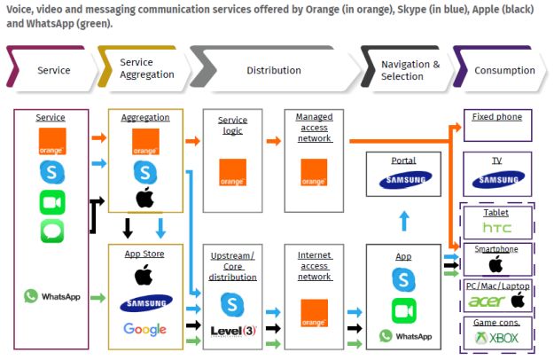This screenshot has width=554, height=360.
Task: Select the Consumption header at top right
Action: [x=503, y=70]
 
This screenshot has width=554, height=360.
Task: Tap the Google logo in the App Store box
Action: [x=145, y=330]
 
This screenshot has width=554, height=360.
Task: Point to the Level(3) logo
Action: [x=234, y=331]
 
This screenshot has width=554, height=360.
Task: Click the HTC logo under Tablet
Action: [x=496, y=229]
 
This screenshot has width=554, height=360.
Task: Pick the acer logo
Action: [x=488, y=301]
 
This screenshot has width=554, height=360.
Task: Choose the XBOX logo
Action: [x=496, y=338]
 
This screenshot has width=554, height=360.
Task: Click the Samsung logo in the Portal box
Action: [x=403, y=180]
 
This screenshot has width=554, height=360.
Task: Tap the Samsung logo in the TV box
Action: [x=496, y=180]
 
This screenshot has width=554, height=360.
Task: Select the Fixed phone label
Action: [x=496, y=117]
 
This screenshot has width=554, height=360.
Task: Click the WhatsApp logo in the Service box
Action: [x=52, y=296]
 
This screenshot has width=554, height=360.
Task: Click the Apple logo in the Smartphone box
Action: [x=496, y=264]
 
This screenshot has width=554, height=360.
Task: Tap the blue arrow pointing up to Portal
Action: [x=403, y=221]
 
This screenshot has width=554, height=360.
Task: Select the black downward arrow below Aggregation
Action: [x=127, y=228]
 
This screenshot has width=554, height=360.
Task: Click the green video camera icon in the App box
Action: [x=404, y=310]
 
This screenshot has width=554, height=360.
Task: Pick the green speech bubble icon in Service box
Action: [x=52, y=231]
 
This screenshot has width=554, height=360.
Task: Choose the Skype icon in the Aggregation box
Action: [x=145, y=171]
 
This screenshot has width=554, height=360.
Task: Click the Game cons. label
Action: [x=496, y=323]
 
